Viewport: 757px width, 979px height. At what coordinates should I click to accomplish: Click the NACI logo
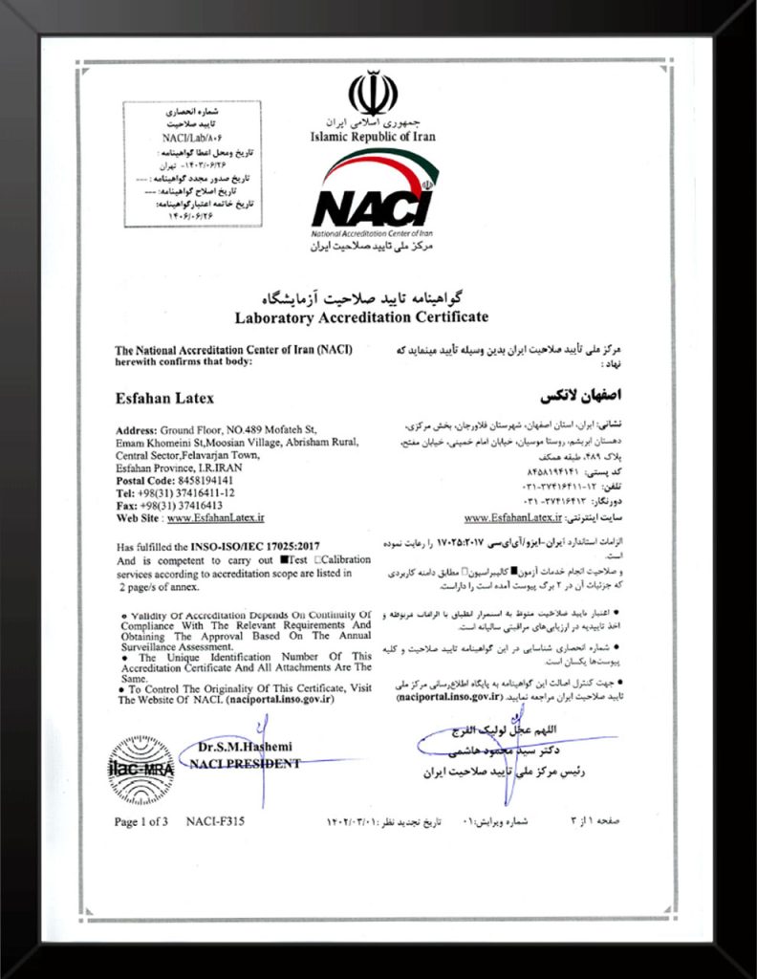[373, 201]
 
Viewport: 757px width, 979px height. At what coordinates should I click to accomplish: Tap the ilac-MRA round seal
[141, 767]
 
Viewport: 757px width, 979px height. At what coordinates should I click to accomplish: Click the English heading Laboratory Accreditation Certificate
[361, 316]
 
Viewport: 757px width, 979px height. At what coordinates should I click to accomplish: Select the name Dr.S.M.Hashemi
[246, 746]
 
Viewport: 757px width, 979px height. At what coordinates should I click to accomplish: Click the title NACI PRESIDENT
[245, 763]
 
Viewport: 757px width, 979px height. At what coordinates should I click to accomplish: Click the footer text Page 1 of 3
[141, 822]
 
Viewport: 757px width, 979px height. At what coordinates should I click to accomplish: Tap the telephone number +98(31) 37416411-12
[190, 492]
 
